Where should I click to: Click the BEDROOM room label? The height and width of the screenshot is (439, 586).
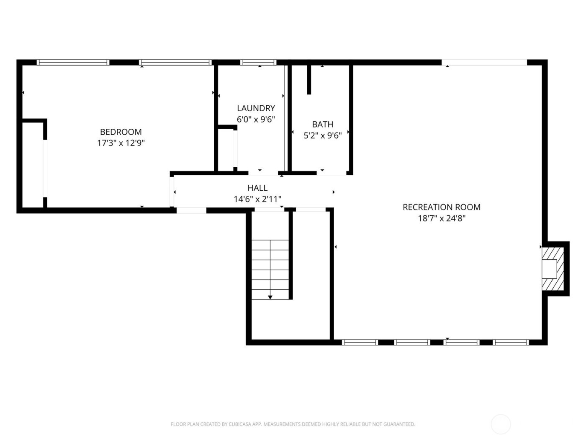[121, 132]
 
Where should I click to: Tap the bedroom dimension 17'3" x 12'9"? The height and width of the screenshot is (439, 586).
[121, 143]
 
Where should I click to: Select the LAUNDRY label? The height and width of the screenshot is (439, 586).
[256, 108]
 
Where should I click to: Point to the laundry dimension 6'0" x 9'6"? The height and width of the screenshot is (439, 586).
[256, 120]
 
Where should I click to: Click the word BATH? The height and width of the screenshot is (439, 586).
[322, 124]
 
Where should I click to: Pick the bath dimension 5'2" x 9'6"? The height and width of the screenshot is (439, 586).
[322, 135]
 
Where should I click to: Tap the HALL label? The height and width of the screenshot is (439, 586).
[257, 188]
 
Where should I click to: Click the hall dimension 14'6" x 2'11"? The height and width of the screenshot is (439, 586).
[257, 199]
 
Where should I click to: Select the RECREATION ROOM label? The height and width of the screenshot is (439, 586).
[441, 207]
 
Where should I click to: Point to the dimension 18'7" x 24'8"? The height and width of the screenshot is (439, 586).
[441, 218]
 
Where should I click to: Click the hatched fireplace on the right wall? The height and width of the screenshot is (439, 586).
[553, 269]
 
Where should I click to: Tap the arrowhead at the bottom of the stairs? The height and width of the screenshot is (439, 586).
[270, 297]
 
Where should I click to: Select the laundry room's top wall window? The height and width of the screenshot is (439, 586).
[258, 63]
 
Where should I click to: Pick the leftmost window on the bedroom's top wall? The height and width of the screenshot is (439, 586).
[73, 63]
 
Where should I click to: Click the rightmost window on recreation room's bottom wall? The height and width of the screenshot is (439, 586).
[511, 342]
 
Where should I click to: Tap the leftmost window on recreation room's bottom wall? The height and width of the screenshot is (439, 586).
[360, 342]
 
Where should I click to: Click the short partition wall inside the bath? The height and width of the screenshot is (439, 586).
[309, 79]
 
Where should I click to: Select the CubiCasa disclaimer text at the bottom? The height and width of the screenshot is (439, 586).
[293, 424]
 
